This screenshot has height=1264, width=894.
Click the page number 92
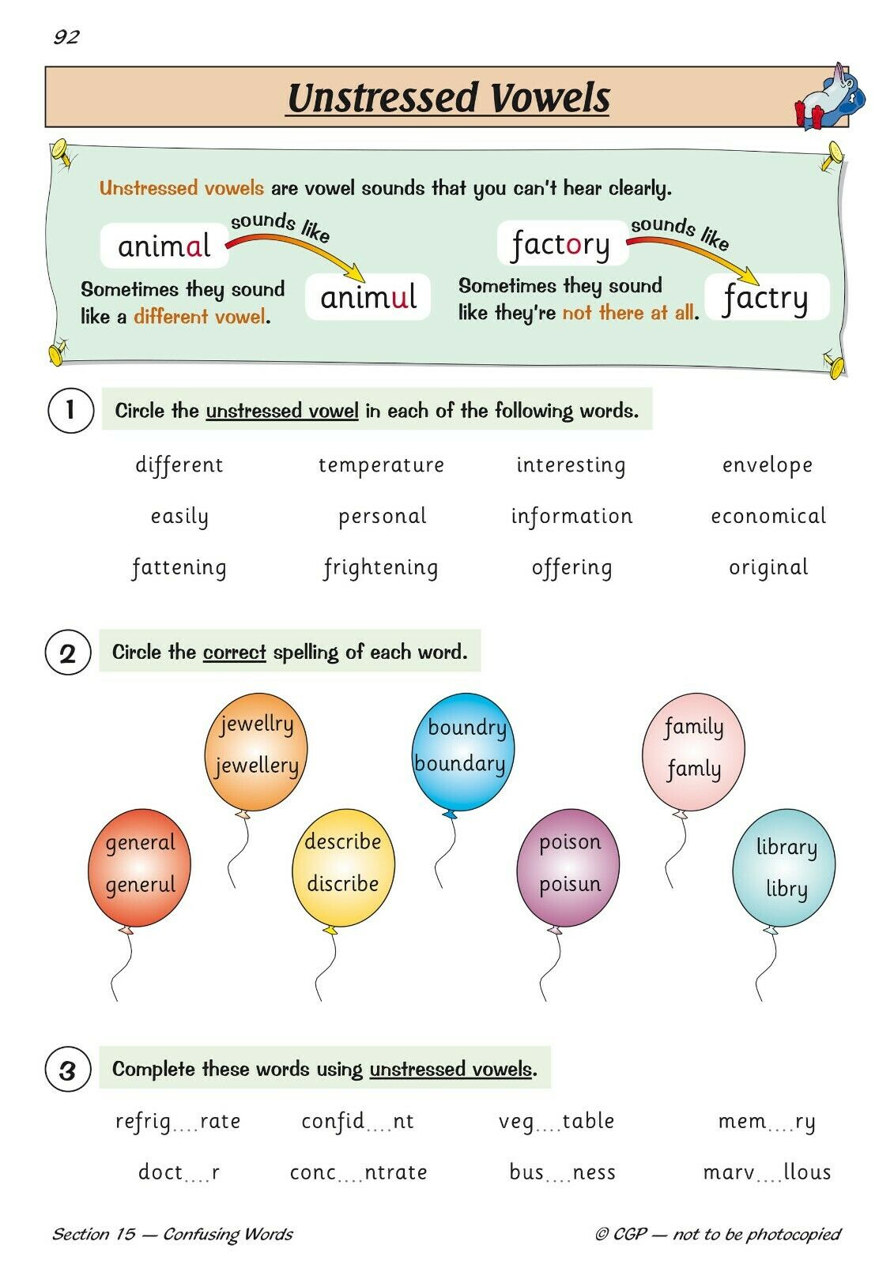(66, 36)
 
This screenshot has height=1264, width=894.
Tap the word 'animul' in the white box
(368, 297)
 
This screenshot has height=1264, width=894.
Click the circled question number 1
(70, 410)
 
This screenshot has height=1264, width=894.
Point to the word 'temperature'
(381, 465)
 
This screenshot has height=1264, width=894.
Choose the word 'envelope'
(768, 465)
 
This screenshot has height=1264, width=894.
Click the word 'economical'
(768, 515)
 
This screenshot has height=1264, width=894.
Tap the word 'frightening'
(381, 568)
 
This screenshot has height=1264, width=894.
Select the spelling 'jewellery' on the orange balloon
(256, 766)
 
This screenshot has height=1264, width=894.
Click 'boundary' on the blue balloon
(460, 763)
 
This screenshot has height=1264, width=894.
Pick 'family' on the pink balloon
(693, 728)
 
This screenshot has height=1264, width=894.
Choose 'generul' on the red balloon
(141, 884)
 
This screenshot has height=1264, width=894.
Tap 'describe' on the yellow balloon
(343, 841)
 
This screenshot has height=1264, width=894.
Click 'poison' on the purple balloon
(570, 842)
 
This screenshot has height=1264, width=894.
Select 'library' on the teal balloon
(786, 848)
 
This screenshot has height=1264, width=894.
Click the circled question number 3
(68, 1070)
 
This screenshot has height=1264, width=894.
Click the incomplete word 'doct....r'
(179, 1172)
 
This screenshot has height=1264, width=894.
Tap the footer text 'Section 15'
(94, 1234)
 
